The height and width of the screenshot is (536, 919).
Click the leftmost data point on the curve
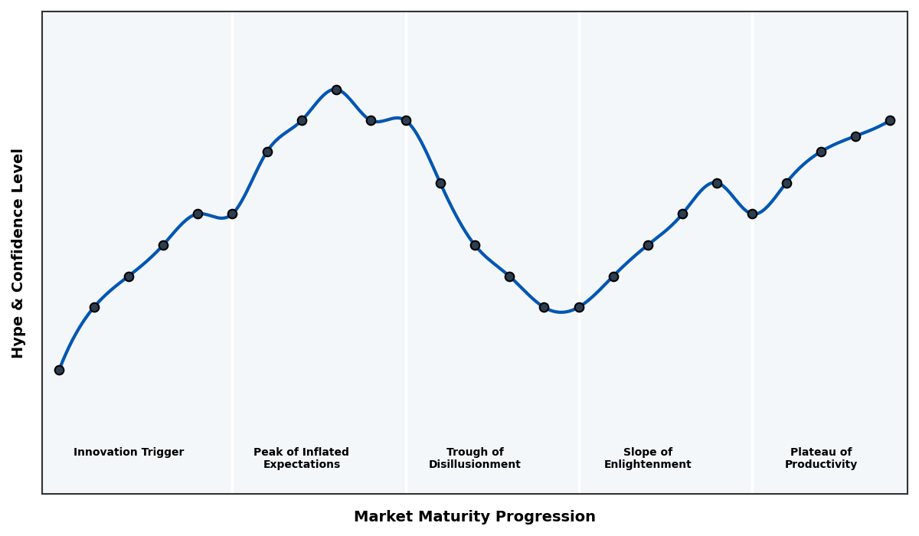[x=59, y=370]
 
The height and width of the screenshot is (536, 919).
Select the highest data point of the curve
[x=336, y=90]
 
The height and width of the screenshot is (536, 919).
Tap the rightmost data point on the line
[x=890, y=120]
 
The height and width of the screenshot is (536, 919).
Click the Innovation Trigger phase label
[x=129, y=453]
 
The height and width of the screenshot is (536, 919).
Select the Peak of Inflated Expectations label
[x=301, y=459]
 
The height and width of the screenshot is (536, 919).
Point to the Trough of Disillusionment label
[x=475, y=459]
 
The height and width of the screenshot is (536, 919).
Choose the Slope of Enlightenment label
[x=648, y=459]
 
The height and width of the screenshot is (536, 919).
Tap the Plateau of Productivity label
[x=821, y=459]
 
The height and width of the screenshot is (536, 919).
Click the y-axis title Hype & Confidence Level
[x=18, y=253]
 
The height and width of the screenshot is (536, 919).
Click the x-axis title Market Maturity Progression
[x=475, y=517]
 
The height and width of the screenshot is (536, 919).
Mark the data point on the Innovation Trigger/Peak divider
[x=232, y=214]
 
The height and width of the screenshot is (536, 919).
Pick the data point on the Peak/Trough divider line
[x=406, y=120]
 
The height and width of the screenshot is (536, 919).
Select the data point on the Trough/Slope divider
[x=579, y=307]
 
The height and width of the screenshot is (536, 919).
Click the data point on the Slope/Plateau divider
[x=752, y=214]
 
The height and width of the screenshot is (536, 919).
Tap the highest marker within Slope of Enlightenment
[x=717, y=183]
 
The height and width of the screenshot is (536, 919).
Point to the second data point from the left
[x=94, y=307]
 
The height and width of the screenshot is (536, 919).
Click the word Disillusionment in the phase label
[x=475, y=465]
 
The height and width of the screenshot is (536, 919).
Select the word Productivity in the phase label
[x=821, y=465]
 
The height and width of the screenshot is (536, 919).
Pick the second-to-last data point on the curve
[x=855, y=136]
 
